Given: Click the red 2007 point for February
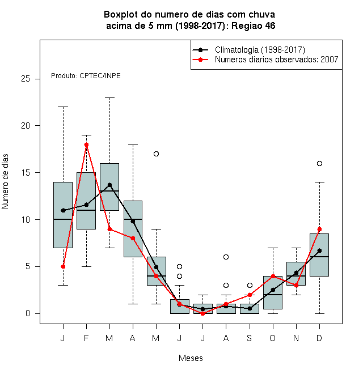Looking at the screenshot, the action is (x=86, y=144).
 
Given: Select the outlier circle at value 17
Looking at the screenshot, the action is (x=156, y=154).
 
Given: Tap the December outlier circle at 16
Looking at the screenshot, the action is (x=319, y=163).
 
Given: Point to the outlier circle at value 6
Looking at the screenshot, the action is (x=226, y=257).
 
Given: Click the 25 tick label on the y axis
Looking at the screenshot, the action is (x=26, y=79).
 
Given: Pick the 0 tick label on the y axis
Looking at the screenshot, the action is (x=28, y=313).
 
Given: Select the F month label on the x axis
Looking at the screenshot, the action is (x=86, y=338).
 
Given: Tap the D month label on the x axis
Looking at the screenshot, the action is (x=319, y=338).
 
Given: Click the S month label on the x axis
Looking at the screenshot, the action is (x=250, y=338).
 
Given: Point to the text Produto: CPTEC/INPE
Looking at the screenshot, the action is (x=86, y=76).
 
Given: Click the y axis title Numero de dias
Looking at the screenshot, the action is (x=5, y=182).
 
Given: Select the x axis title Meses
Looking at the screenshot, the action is (x=191, y=358).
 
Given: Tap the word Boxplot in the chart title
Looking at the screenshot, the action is (x=121, y=15).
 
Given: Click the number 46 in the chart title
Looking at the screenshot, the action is (x=270, y=25).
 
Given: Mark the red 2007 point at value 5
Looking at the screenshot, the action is (x=63, y=266).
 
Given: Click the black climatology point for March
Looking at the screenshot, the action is (x=109, y=185).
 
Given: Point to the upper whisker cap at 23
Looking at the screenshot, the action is (x=109, y=97).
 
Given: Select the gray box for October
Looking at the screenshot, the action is (x=273, y=292).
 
